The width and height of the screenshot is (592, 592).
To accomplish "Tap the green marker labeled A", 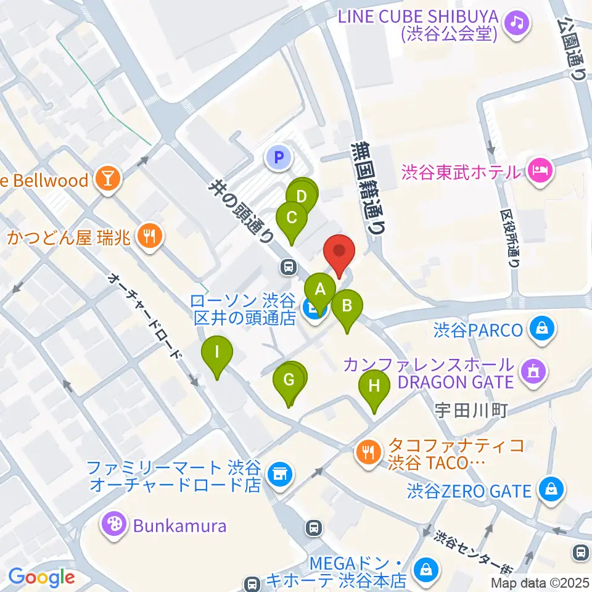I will (320, 289).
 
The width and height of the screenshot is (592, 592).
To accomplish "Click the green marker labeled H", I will (374, 387).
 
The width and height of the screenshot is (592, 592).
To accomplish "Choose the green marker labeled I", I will (217, 353).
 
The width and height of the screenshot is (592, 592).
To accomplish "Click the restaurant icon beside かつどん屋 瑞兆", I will (149, 235).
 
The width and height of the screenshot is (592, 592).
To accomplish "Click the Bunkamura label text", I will (173, 526).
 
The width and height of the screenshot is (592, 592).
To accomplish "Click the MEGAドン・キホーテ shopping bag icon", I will (426, 571).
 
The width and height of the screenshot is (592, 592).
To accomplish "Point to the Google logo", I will (42, 577).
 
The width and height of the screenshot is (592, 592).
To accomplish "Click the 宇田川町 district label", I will (471, 409).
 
